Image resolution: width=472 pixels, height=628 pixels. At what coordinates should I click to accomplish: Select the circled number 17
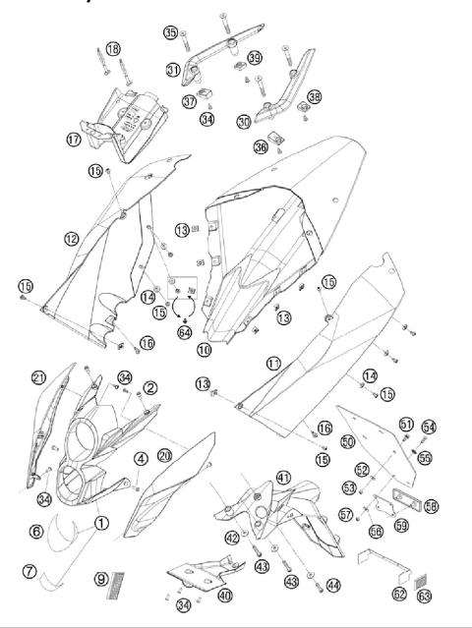pos(74,139)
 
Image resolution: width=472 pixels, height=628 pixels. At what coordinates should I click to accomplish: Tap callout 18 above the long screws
pos(113,48)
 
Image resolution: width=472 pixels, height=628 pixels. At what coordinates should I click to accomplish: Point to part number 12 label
pos(70,238)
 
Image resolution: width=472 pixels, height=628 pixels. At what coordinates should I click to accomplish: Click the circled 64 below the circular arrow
pos(184,332)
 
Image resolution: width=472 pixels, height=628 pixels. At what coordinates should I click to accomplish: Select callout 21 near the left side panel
pos(38,377)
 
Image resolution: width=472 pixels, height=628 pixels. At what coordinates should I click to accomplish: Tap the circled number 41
pos(284,478)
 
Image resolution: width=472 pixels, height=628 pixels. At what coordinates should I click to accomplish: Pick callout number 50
pos(347,443)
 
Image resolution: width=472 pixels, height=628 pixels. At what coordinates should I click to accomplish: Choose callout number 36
pos(261,146)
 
